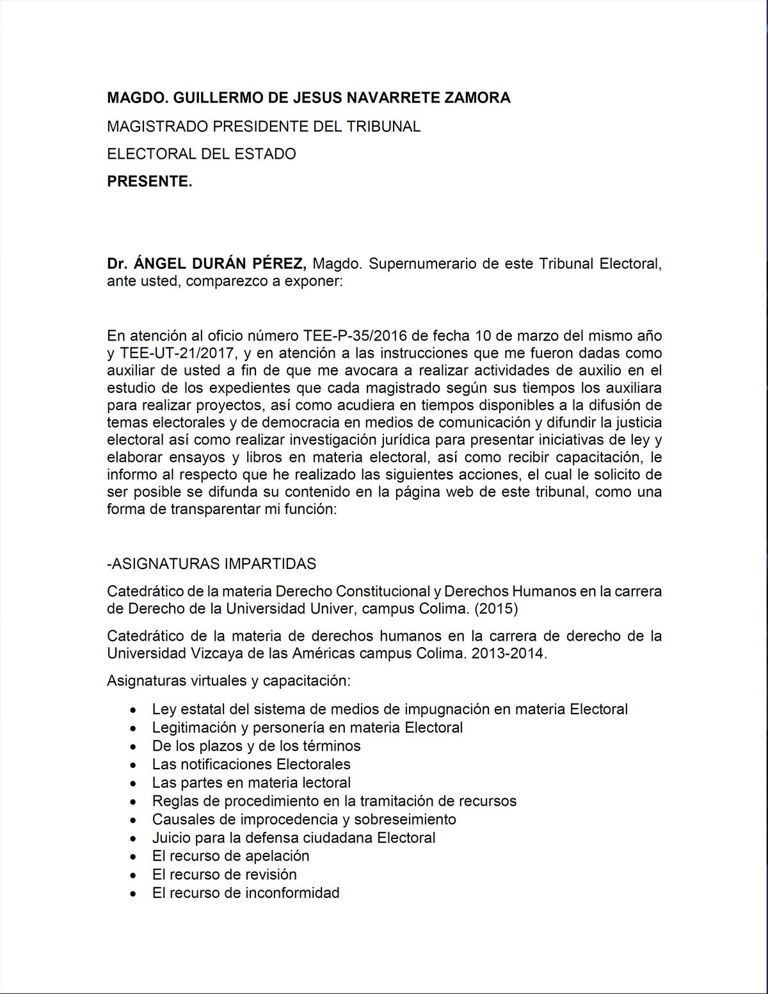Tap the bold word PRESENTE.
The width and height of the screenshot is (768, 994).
pos(149,182)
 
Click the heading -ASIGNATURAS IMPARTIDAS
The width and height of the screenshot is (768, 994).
pos(211,564)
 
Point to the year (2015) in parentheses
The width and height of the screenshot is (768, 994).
pos(496,609)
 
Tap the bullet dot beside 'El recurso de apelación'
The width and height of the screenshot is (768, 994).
pos(132,857)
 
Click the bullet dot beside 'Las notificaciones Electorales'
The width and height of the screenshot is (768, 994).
pos(132,766)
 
